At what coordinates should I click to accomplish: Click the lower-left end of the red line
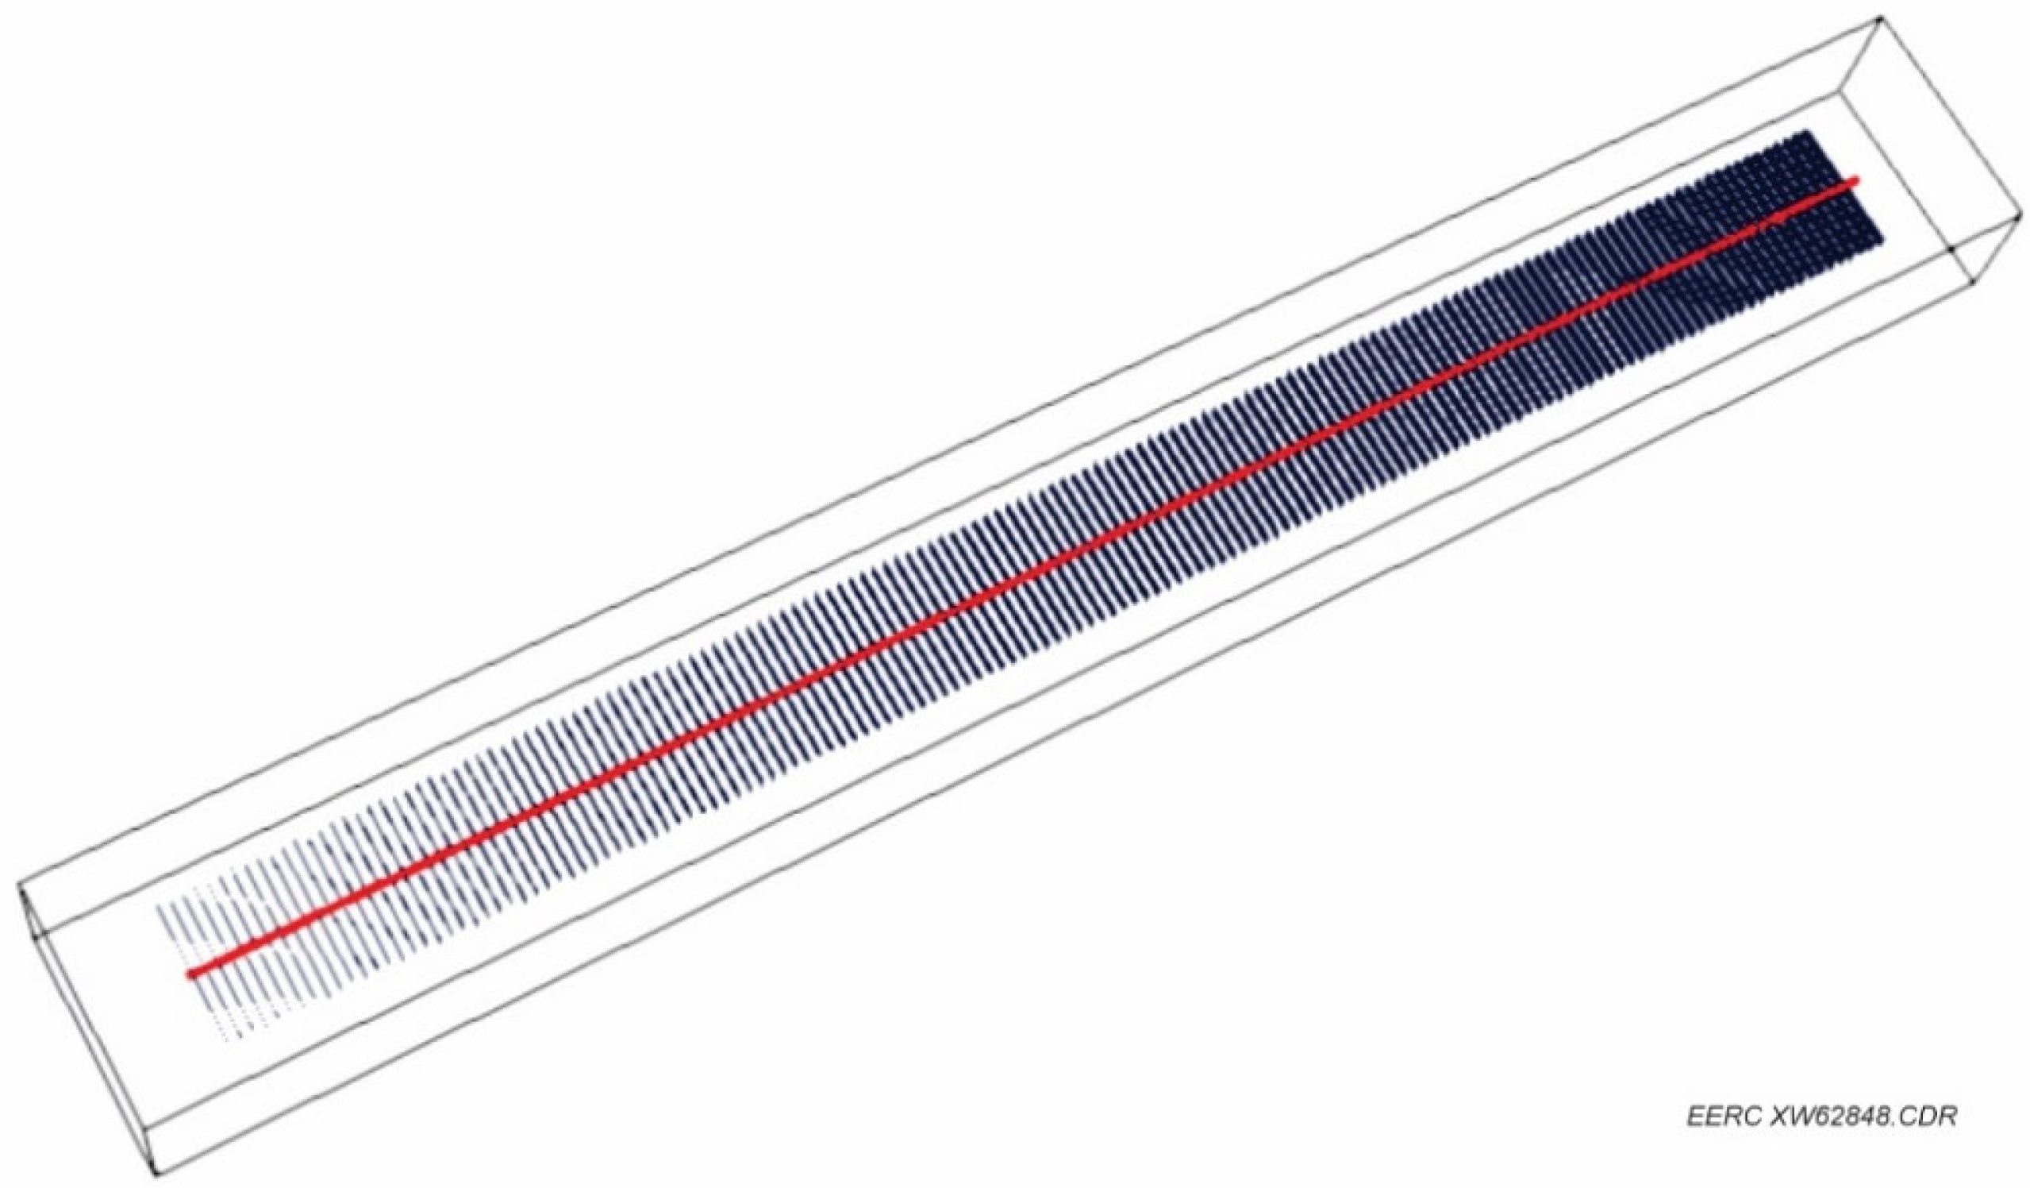191,974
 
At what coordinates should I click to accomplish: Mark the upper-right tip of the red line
1855,180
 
